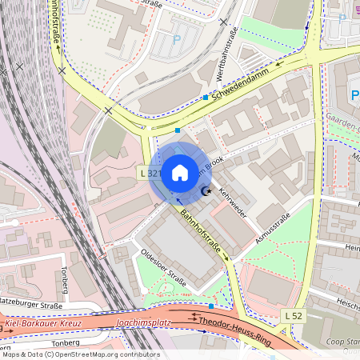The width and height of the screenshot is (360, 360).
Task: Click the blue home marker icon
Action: tap(179, 172)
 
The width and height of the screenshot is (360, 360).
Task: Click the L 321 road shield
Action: tap(150, 173)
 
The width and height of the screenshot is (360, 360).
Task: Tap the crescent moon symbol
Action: tap(206, 190)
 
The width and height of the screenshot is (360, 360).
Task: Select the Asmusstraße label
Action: tap(271, 226)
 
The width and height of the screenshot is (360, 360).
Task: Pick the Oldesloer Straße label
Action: tap(163, 269)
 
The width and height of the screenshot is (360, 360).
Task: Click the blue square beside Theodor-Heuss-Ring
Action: tap(211, 306)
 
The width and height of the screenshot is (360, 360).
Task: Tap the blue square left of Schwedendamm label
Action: tap(206, 98)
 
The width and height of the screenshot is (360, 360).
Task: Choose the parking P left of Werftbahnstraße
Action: tap(177, 39)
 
